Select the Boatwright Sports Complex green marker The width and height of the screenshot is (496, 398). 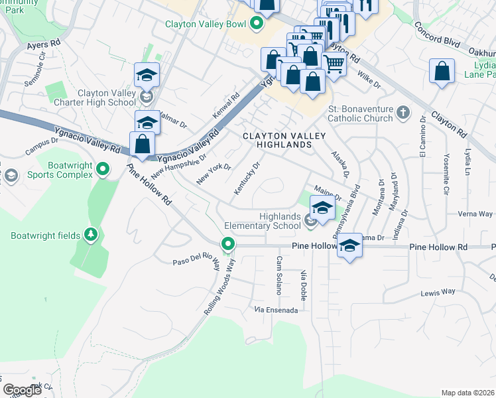102,170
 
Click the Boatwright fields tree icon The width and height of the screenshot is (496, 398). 91,235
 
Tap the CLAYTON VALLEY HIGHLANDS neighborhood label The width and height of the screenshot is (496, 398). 284,140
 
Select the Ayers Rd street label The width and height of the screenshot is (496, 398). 44,45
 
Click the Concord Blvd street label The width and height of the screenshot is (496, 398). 437,42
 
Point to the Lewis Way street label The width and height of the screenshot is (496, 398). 438,292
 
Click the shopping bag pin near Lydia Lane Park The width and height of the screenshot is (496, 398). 442,72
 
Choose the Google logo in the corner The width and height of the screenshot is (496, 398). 22,390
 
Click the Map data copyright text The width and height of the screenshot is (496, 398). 467,393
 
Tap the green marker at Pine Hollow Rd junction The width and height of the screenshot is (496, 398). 228,245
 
